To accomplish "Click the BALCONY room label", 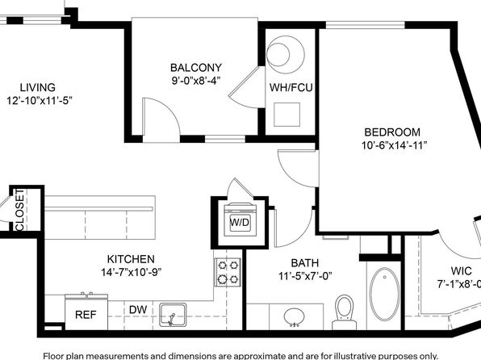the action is pos(196,68).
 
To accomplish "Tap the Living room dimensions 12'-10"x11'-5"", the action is pos(40,100).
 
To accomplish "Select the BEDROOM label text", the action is pos(392,132).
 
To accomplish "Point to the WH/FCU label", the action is pos(291,87).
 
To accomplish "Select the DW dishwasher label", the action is pos(138,310).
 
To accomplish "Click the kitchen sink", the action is pos(173,315).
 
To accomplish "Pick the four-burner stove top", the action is pos(228,272).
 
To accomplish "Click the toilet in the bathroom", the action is pos(344,312).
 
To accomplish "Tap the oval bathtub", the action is pos(385,295).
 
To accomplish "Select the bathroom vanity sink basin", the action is pos(295,317).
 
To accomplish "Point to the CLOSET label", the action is pos(19,210).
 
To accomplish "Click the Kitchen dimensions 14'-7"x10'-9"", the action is pos(132,272).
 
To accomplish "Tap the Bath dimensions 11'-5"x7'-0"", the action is pos(305,276).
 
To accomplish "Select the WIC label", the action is pos(461,271).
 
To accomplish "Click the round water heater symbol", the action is pos(285,55).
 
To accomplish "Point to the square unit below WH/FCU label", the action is pos(287,115).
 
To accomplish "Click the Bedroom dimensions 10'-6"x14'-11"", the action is pos(394,145).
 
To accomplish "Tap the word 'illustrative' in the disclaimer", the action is pos(348,356).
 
